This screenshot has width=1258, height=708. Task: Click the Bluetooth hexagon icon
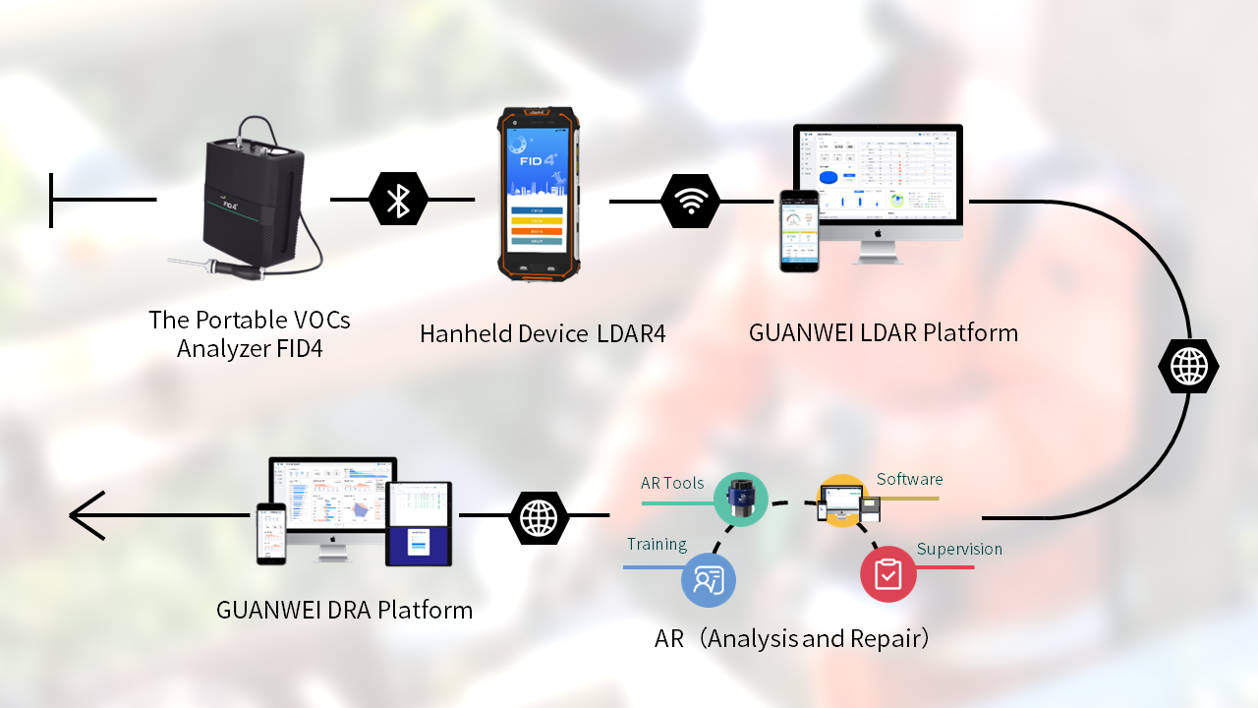click(x=398, y=200)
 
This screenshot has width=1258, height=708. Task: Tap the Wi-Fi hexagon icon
click(x=691, y=201)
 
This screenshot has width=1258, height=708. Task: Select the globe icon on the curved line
click(x=1188, y=367)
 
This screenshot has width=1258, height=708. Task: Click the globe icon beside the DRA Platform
click(x=539, y=516)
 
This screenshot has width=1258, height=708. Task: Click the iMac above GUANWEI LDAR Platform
click(x=878, y=187)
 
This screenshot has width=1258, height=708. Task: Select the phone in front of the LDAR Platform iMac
click(x=799, y=230)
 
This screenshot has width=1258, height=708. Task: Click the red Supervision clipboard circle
click(x=887, y=573)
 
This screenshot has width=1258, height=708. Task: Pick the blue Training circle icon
click(x=708, y=579)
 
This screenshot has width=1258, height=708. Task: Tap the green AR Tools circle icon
click(x=740, y=499)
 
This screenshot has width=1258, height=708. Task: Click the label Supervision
click(x=958, y=549)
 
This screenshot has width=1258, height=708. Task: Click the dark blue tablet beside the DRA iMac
click(x=419, y=523)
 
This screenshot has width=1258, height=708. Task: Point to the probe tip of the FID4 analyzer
click(x=172, y=262)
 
